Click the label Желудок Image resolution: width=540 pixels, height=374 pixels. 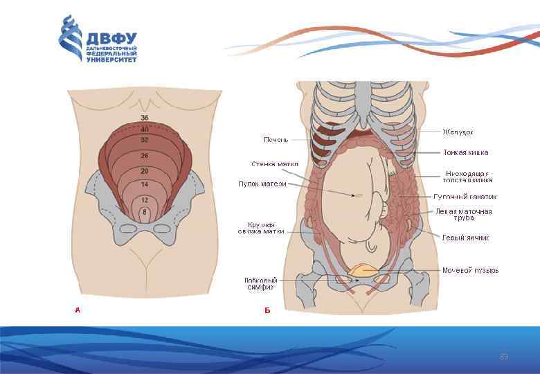point(458,132)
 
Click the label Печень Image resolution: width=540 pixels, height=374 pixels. point(276,140)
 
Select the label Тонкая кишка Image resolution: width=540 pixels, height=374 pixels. point(466,152)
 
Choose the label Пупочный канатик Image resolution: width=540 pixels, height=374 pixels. point(465,197)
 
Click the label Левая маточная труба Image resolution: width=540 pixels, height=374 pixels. point(464,214)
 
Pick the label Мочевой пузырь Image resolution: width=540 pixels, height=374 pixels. point(471,270)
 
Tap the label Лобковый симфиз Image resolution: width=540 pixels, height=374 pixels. point(260,283)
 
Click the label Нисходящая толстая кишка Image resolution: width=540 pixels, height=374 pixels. point(468,176)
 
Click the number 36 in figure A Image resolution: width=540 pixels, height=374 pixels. point(145,118)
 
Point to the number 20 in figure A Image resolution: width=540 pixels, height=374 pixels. point(145,170)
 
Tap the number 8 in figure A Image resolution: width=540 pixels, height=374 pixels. point(144,211)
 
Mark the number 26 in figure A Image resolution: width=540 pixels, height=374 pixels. point(145,156)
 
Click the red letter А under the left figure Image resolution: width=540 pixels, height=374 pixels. point(78,310)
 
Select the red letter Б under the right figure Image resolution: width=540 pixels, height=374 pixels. point(267,310)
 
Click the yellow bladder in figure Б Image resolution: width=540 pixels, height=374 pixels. point(363,269)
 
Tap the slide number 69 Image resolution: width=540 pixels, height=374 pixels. point(504,357)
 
